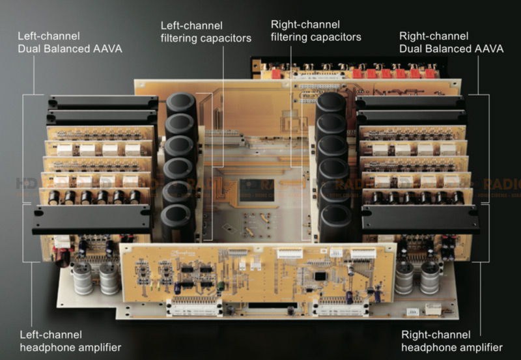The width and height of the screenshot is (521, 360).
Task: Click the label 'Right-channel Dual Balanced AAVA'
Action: [451, 42]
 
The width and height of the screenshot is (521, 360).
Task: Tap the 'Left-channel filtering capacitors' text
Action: [205, 31]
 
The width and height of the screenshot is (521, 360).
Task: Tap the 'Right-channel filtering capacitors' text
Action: [315, 31]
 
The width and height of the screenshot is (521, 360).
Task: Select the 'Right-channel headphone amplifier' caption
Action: [452, 341]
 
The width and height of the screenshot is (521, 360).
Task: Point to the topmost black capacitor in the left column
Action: [182, 104]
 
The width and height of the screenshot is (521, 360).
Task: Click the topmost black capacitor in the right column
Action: [331, 104]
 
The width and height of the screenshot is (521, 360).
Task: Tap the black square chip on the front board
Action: [319, 275]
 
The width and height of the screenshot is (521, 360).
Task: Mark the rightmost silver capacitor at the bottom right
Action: [430, 277]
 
